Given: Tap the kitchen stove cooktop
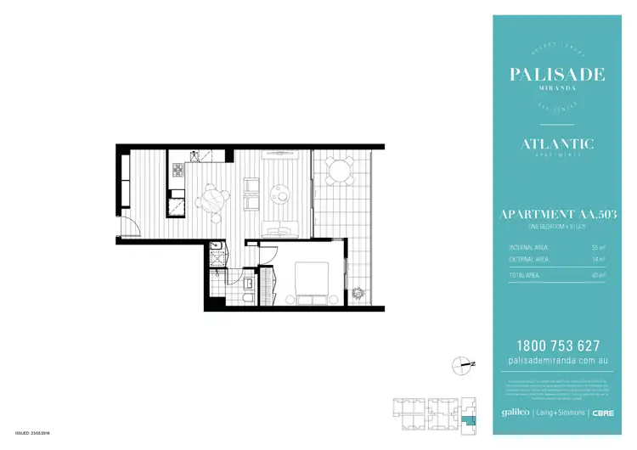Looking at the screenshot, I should (178, 172).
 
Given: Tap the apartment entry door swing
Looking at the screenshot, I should (127, 227).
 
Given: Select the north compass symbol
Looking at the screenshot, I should (462, 364).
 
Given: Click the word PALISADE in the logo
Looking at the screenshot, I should (557, 75).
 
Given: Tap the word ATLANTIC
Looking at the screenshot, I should (557, 144).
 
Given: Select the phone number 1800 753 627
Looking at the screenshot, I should (557, 346).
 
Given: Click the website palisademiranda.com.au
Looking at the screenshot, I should (557, 361).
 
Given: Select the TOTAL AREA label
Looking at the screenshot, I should (517, 275).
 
